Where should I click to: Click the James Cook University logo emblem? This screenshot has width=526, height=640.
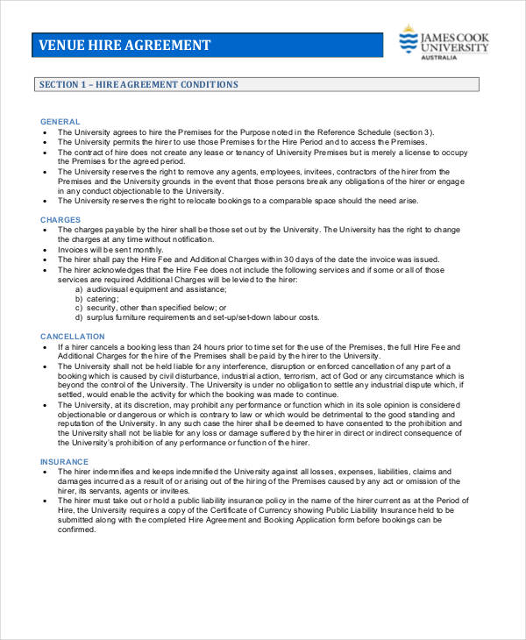[x=408, y=39]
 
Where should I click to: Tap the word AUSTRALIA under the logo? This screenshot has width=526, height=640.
[x=439, y=58]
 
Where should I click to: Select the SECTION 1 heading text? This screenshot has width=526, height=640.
[x=139, y=85]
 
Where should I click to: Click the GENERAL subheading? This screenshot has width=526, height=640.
[x=60, y=121]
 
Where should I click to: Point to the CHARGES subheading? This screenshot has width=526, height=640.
[x=60, y=219]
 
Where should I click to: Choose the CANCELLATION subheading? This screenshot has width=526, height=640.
[x=72, y=337]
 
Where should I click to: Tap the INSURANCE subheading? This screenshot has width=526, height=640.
[x=64, y=461]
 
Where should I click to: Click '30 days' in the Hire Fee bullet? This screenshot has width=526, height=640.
[x=304, y=260]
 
